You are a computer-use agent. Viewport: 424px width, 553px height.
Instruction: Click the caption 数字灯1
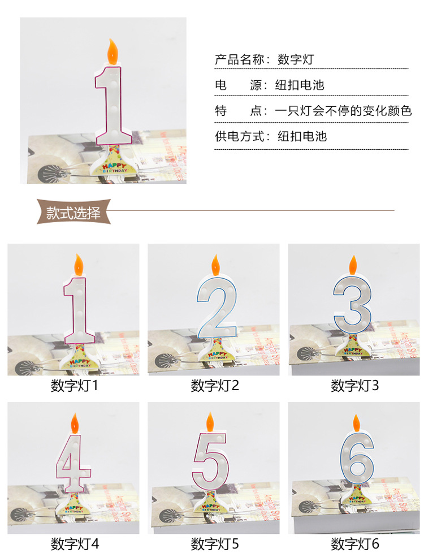click(x=75, y=386)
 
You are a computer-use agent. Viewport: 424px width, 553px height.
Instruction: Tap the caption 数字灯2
click(x=215, y=386)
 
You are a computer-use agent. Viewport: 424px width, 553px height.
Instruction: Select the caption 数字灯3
click(x=354, y=386)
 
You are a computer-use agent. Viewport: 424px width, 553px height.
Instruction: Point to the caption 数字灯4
click(x=75, y=544)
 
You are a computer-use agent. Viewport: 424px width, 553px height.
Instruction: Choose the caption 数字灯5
click(x=215, y=544)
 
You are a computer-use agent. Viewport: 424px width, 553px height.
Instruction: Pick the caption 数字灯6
click(x=354, y=544)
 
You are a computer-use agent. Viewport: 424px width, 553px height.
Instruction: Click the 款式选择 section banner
click(x=73, y=213)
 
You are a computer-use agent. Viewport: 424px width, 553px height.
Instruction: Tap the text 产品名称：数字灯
click(x=264, y=59)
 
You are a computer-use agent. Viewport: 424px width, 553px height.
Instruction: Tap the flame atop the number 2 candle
click(x=215, y=263)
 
